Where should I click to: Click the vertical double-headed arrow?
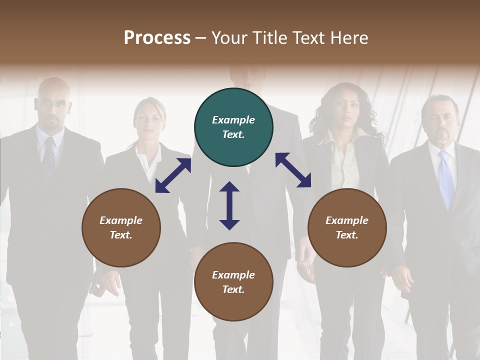pos(229,205)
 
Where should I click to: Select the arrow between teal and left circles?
pos(173,175)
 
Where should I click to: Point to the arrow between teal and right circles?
pos(293,170)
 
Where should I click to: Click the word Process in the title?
pos(157,38)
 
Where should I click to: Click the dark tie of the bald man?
pos(49,157)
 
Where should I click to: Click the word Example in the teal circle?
pos(233,120)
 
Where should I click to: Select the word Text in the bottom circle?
pos(232,289)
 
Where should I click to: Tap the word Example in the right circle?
pos(347,220)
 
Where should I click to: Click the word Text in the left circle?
pos(120,235)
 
